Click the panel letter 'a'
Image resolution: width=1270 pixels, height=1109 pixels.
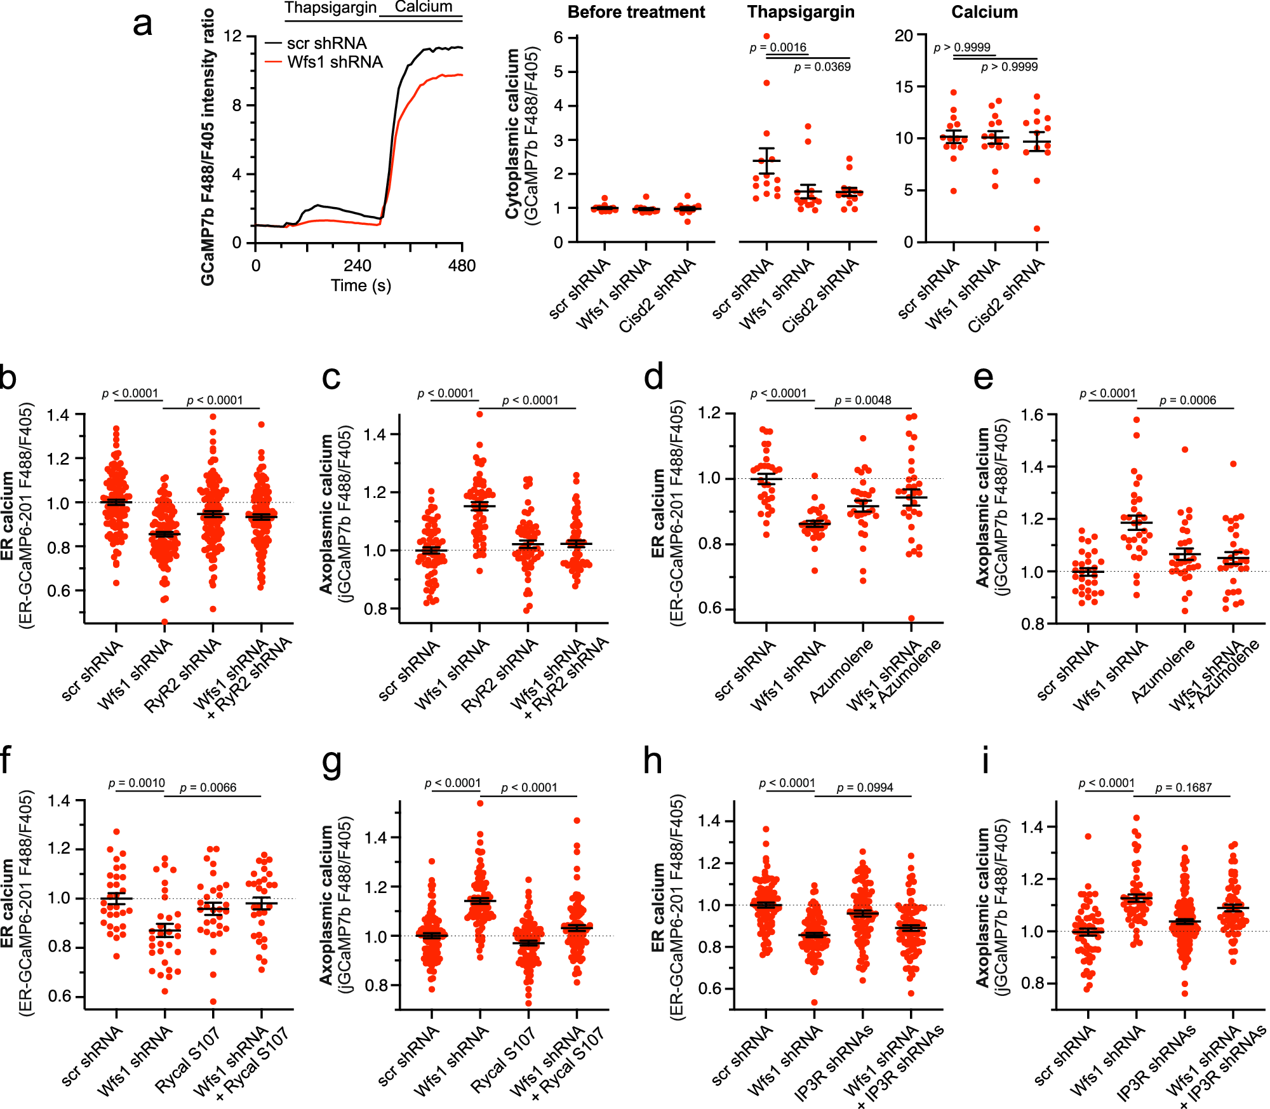click(x=143, y=25)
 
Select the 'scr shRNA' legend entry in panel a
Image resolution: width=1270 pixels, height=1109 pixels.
click(x=326, y=43)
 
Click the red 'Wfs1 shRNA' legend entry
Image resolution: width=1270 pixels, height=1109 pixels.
click(x=334, y=62)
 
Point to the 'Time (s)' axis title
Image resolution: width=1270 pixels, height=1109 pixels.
click(x=361, y=285)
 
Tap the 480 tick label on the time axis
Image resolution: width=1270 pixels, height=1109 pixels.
click(x=462, y=265)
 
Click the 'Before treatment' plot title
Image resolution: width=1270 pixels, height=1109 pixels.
click(x=636, y=12)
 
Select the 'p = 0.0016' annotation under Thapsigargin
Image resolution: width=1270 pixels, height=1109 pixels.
click(x=778, y=47)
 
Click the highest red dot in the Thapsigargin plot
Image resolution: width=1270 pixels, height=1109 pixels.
click(x=766, y=36)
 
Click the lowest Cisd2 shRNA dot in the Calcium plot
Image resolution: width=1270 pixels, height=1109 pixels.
click(x=1037, y=229)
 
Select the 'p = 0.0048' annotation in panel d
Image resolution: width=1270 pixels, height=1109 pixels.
click(x=862, y=400)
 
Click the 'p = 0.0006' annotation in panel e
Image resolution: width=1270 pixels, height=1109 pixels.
click(x=1187, y=400)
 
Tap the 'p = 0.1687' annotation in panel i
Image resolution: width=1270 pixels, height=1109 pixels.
click(x=1183, y=788)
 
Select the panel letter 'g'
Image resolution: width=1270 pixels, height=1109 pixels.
click(x=331, y=762)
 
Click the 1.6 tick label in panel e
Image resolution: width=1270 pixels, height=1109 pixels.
click(x=1032, y=415)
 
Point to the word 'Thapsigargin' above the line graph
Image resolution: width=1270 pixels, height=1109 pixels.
click(x=330, y=8)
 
